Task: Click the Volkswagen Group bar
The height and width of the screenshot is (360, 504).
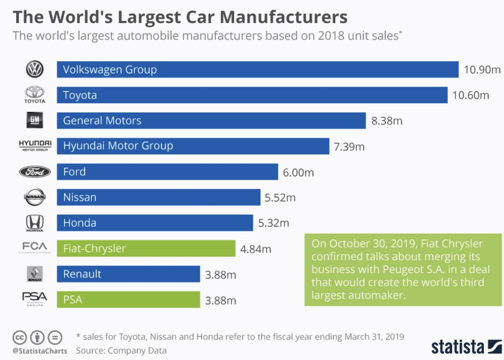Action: (x=257, y=70)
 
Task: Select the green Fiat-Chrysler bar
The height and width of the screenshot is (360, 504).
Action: (x=146, y=248)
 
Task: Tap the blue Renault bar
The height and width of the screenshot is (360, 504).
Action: (x=128, y=274)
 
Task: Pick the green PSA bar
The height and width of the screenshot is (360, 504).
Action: (x=128, y=300)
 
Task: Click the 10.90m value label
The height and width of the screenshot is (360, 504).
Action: (x=482, y=70)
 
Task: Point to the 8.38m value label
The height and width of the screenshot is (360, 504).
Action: (x=387, y=121)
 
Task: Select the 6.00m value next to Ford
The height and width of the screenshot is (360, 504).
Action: (x=298, y=172)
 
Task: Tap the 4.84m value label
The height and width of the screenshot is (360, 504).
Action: (x=255, y=249)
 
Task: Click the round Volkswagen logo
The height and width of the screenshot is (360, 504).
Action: (x=35, y=69)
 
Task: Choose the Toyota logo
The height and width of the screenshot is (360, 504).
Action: (x=34, y=94)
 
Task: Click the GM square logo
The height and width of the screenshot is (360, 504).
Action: (x=35, y=120)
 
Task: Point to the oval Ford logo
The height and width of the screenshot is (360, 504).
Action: (x=35, y=172)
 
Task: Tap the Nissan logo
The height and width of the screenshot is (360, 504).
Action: (x=35, y=197)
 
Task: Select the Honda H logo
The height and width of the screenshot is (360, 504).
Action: (x=35, y=223)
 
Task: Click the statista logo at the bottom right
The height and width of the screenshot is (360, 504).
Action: (x=466, y=347)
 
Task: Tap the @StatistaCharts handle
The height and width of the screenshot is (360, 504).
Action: (x=40, y=351)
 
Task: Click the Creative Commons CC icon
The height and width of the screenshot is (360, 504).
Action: (x=19, y=337)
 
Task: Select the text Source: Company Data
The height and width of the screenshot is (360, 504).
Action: (x=121, y=350)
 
